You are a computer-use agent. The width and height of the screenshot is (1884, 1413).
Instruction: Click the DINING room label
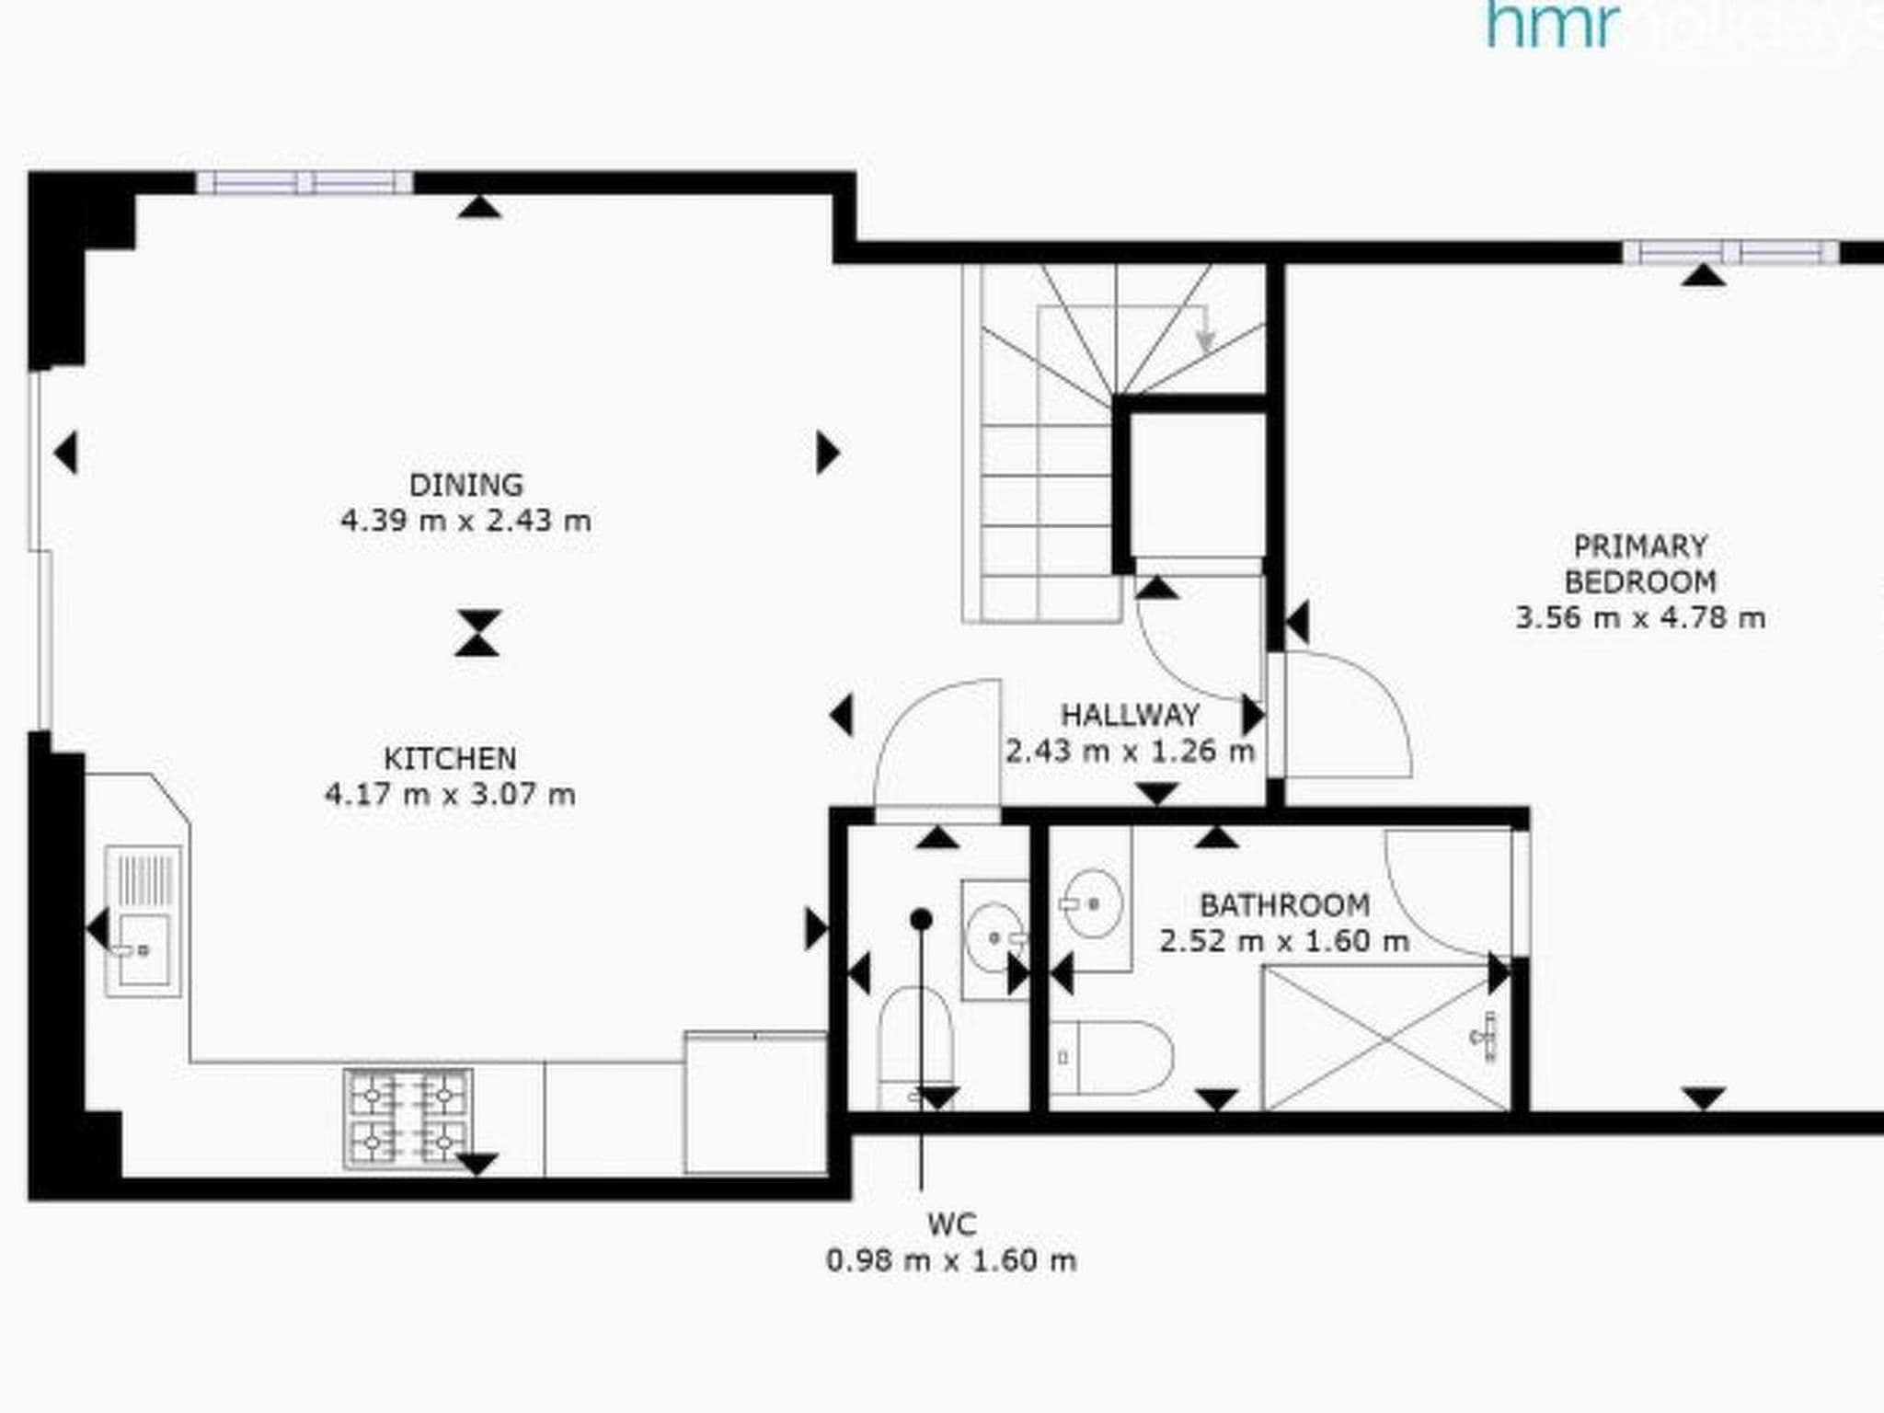coord(465,485)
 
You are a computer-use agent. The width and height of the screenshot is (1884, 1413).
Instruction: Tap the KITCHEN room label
coord(450,759)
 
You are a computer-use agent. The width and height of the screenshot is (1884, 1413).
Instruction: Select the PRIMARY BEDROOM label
coord(1640,564)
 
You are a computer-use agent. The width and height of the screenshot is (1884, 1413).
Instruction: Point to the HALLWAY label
coord(1130,715)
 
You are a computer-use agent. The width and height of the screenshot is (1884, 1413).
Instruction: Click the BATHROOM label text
coord(1284,905)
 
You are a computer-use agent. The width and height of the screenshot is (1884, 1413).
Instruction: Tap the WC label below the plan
coord(951,1224)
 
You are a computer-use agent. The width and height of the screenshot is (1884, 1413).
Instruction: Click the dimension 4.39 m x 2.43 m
coord(465,521)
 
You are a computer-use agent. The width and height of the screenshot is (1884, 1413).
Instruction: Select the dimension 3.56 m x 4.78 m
coord(1640,617)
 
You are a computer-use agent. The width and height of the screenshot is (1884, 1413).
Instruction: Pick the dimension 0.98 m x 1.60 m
coord(951,1260)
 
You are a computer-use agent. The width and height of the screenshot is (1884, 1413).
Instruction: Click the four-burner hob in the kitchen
coord(408,1119)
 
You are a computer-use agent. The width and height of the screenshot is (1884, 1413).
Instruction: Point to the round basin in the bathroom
coord(1093,903)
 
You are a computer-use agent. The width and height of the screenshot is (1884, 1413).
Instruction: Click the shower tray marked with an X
coord(1386,1038)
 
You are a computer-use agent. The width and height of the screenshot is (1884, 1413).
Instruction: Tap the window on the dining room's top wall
coord(304,182)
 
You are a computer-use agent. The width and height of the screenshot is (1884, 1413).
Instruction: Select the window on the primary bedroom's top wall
coord(1730,252)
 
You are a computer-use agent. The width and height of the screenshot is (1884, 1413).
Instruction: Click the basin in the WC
coord(994,937)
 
